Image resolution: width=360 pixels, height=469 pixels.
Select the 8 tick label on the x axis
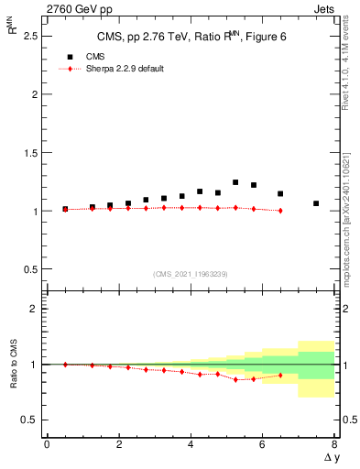coord(334,445)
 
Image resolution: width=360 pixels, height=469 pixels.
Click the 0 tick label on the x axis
coord(47,445)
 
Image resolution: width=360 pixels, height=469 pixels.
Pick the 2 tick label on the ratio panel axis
coord(35,309)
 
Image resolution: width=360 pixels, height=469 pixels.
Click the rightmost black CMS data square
coord(316,203)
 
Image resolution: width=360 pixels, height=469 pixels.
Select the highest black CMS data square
coord(235,182)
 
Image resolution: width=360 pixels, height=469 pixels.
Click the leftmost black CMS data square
coord(65,209)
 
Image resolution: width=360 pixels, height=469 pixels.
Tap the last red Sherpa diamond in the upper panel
coord(280,211)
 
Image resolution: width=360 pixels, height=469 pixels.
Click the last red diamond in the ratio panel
coord(280,375)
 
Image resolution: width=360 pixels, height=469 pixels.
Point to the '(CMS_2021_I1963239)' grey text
coord(191,274)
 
